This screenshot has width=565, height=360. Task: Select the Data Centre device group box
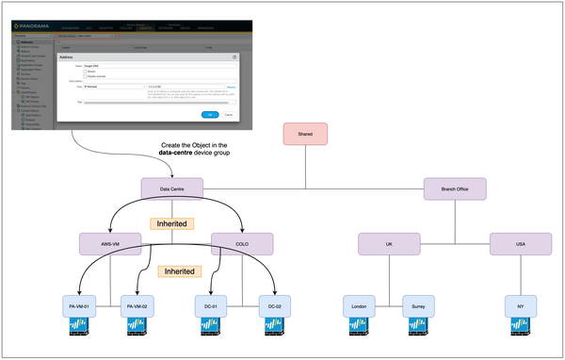coord(171,188)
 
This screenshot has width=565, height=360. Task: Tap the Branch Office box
coord(455,188)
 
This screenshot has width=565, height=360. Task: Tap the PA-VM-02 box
coord(139,306)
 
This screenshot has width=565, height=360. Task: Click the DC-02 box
coord(273,306)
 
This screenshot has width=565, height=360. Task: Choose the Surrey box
coord(419,306)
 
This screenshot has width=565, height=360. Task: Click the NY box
coord(520,306)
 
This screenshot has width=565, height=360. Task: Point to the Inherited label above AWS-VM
coord(173,224)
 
